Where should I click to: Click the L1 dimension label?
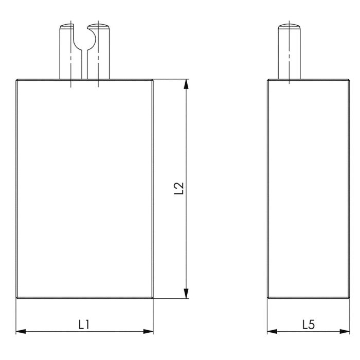point(84,325)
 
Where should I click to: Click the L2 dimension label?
point(179,188)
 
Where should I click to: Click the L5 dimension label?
point(309,325)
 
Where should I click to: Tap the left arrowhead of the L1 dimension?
point(21,331)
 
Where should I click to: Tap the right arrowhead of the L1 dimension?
point(148,331)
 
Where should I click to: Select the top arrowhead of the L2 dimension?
point(186,84)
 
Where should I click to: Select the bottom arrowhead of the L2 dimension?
point(186,294)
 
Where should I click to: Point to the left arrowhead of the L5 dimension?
point(272,331)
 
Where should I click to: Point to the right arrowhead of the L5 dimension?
point(345,331)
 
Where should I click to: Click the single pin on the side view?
point(289,51)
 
